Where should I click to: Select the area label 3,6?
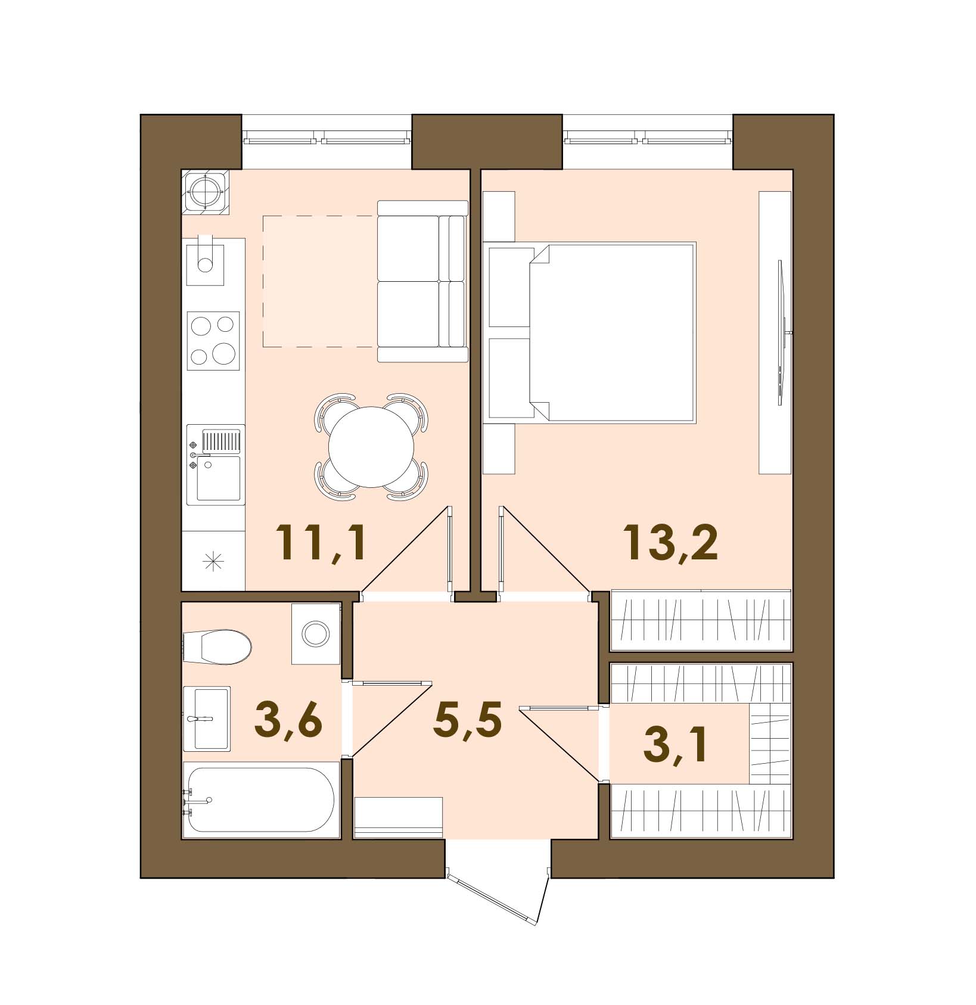288,720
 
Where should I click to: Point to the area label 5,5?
468,720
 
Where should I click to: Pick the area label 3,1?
676,744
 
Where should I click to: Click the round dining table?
371,447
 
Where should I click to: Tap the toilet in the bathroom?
217,646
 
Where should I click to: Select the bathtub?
261,799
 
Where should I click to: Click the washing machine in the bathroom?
315,633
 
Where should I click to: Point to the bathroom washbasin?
206,718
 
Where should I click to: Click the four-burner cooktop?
213,341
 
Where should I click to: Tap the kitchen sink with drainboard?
216,465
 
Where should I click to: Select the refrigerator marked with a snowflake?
213,561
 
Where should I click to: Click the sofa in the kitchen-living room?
422,281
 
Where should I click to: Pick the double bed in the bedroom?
590,332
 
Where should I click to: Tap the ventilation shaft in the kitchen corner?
206,192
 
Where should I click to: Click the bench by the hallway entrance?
399,817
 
